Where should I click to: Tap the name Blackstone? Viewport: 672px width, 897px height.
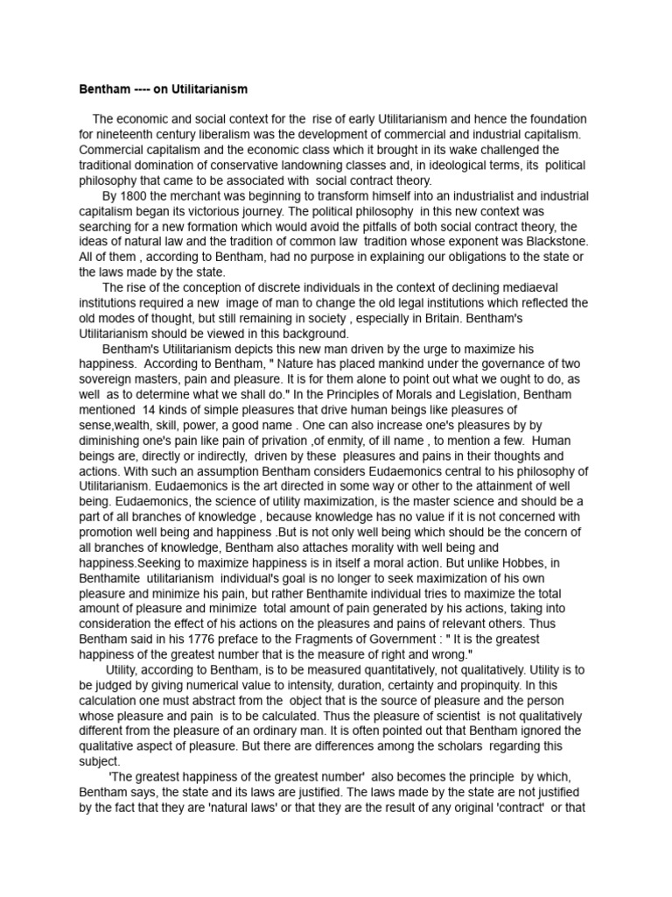tap(550, 241)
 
